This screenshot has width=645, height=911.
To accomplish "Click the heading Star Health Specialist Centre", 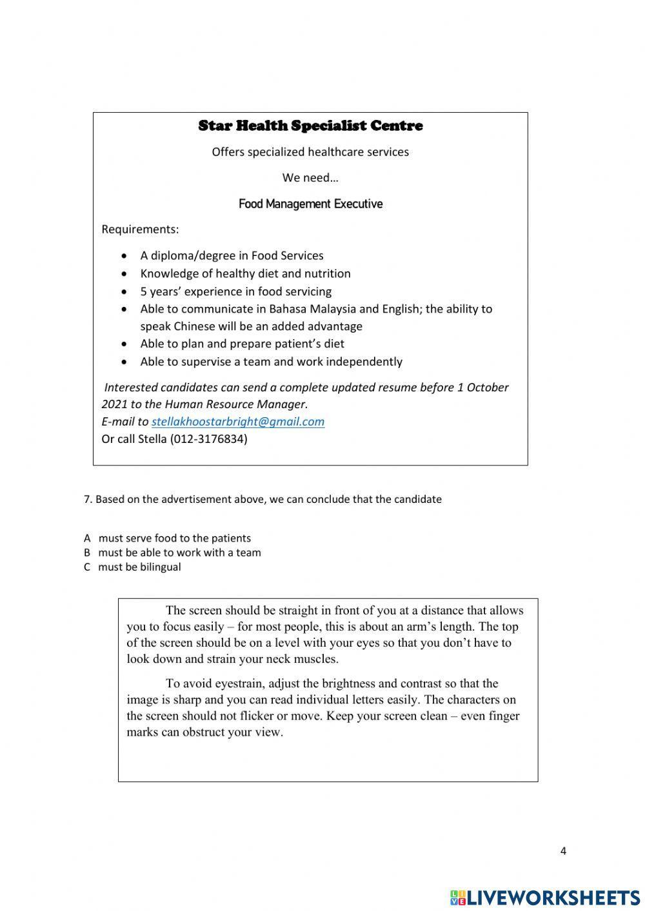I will tap(310, 126).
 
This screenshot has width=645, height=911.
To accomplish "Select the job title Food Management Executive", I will tap(310, 204).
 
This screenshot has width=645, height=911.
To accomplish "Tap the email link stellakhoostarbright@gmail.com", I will tap(237, 422).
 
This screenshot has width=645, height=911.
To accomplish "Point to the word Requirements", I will tap(139, 230).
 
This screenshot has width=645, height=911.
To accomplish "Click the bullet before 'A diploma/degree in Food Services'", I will tap(124, 257).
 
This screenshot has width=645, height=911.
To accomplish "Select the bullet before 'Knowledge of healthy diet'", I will tap(124, 274).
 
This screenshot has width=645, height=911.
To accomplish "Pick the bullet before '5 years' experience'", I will tap(124, 292).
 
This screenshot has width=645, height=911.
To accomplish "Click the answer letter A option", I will tap(87, 538).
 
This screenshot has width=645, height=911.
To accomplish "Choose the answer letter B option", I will tap(87, 553).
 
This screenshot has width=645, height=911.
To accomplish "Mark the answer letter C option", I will tap(87, 567).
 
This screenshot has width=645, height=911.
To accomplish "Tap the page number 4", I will tap(563, 851).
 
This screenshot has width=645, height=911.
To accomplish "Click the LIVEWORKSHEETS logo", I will tap(545, 897).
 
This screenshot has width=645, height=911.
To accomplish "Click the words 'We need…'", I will tap(310, 178).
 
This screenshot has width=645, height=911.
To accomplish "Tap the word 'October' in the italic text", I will tap(487, 387).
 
